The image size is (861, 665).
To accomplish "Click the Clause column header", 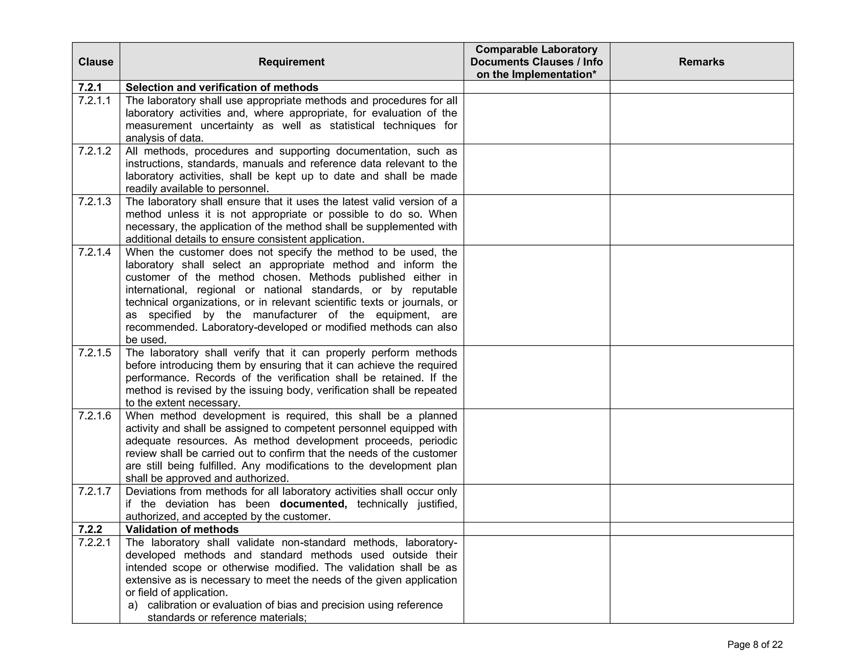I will click(96, 62).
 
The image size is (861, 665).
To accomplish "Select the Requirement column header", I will click(291, 62).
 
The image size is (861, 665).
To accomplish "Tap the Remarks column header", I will click(701, 62).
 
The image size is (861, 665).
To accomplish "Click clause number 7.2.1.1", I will click(95, 100).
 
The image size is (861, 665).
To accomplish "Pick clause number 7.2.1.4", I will click(95, 252).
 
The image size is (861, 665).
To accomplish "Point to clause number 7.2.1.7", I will click(95, 491).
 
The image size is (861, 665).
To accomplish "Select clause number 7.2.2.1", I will click(95, 542).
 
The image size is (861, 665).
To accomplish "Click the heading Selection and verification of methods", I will click(222, 87).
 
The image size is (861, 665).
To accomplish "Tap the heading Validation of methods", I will click(182, 529).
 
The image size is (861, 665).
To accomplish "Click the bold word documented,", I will click(313, 504).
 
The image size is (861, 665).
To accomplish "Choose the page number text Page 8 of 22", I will click(755, 645).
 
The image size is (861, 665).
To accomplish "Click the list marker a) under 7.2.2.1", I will click(133, 605).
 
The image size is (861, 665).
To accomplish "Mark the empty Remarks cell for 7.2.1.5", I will click(701, 377).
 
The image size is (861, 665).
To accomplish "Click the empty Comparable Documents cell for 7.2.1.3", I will click(536, 220).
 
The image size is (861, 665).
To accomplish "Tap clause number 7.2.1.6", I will click(95, 416).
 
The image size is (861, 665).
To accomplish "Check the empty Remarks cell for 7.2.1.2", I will click(701, 169).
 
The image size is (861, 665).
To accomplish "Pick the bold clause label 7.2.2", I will click(90, 529).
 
